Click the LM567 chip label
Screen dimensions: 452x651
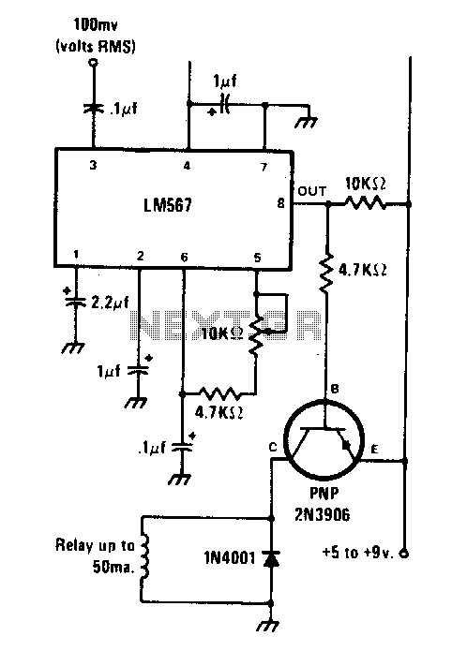168,205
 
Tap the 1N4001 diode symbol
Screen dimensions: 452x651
271,559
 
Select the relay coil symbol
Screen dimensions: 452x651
143,558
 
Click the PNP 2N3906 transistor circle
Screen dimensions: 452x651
324,440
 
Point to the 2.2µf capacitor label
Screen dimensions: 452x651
111,303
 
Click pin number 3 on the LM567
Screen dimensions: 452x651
93,165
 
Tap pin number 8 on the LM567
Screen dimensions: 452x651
281,203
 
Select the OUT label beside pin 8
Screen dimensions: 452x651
312,191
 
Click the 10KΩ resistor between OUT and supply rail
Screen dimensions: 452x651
365,203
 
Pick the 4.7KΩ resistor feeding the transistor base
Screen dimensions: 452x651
327,272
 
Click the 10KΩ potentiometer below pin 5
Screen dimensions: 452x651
257,334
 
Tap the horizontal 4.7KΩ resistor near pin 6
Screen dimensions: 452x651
220,392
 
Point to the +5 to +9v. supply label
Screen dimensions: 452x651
358,553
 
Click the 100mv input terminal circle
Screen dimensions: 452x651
94,63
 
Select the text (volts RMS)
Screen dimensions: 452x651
96,46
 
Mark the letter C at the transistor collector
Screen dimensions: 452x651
273,447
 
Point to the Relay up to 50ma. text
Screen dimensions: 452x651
96,555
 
